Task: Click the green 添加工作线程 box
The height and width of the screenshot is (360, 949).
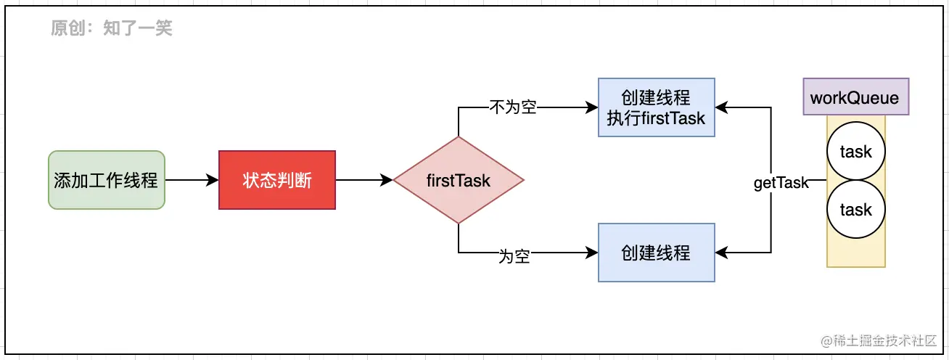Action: (106, 180)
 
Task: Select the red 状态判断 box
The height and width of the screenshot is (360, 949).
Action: (277, 180)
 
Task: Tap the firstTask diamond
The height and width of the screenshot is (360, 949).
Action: (458, 180)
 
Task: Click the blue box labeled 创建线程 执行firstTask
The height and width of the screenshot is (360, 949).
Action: (657, 107)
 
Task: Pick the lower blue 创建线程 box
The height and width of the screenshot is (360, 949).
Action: (657, 253)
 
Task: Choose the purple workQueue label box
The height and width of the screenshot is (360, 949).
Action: (855, 97)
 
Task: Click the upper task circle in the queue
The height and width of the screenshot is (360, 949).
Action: (856, 152)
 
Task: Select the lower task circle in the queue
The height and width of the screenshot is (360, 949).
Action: (856, 210)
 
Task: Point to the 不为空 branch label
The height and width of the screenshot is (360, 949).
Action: (513, 107)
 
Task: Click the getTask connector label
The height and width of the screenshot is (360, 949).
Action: (781, 183)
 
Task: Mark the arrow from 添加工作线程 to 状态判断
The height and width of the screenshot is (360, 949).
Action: (192, 180)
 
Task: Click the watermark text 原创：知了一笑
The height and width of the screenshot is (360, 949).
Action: (111, 28)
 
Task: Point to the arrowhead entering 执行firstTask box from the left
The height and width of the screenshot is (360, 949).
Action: (592, 107)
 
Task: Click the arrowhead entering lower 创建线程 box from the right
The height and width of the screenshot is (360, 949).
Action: (722, 253)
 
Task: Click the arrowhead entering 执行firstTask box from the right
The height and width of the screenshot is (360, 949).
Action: (722, 107)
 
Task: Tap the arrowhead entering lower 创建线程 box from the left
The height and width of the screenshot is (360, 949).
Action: (592, 253)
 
